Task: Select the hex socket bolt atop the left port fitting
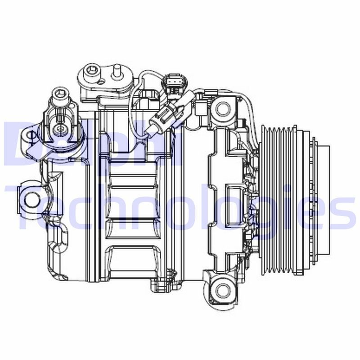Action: tap(60, 95)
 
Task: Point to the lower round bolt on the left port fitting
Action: tap(58, 129)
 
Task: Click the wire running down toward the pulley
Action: tap(252, 112)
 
